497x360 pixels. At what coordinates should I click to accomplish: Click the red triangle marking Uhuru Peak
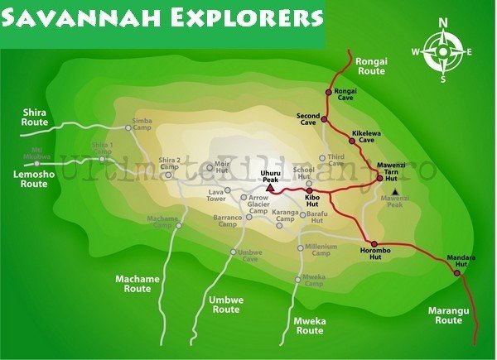point(270,190)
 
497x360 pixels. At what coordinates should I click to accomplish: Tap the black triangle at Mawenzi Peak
point(395,192)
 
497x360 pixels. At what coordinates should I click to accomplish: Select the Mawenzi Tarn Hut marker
point(380,177)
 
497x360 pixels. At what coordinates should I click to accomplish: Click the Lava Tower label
point(216,195)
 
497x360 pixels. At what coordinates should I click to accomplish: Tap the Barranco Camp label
point(226,220)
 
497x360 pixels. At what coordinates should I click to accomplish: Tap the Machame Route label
point(137,284)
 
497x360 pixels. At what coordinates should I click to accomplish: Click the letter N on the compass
point(444,22)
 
